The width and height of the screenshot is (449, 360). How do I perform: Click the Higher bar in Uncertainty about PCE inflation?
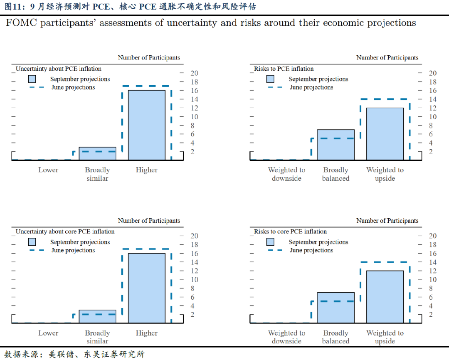coord(146,125)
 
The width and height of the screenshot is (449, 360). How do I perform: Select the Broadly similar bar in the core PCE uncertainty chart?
coord(97,316)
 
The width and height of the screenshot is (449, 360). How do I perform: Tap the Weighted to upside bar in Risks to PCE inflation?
coord(385,133)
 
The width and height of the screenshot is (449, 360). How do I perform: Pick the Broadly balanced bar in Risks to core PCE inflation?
coord(336,308)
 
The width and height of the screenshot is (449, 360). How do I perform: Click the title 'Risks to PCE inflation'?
coord(284,69)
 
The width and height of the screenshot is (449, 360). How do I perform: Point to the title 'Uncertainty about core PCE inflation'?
coord(65,232)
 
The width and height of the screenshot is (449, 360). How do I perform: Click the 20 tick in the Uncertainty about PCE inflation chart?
coord(194,73)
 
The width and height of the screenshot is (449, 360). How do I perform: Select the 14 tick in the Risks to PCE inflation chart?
coord(433,99)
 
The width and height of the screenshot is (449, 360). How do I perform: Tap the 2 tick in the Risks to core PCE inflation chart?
coord(431,315)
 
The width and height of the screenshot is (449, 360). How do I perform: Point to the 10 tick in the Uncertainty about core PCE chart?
coord(194,280)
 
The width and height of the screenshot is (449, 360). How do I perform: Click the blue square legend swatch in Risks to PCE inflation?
coord(270,79)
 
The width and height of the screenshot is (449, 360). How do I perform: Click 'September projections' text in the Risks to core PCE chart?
coord(318,242)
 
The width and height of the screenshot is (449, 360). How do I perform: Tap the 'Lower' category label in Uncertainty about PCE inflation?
coord(48,170)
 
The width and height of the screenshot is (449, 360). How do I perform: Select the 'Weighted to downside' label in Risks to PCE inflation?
coord(286,174)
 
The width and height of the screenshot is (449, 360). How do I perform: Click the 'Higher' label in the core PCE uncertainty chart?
coord(146,333)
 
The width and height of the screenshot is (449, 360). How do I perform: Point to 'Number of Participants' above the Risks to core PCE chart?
coord(387,221)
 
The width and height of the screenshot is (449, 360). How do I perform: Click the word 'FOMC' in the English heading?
coord(21,23)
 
